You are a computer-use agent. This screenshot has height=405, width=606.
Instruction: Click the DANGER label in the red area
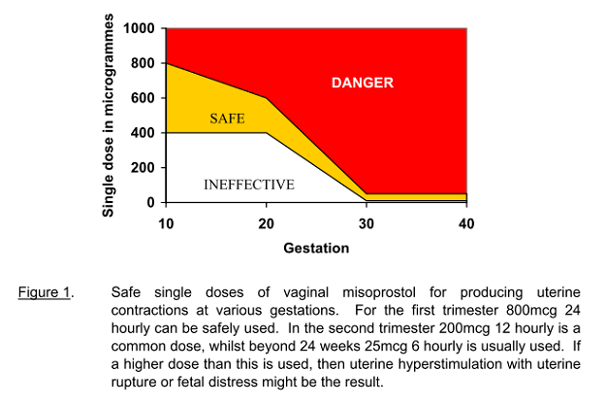click(363, 84)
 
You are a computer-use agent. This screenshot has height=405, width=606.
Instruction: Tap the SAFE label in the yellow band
click(226, 118)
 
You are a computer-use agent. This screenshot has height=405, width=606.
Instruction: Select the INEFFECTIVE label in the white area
click(249, 184)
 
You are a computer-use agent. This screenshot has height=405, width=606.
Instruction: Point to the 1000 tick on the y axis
click(138, 28)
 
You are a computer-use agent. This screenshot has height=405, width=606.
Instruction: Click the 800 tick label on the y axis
click(143, 63)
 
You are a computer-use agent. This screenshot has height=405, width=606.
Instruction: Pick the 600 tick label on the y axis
click(143, 98)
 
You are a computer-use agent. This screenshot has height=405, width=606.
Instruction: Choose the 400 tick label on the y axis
click(143, 133)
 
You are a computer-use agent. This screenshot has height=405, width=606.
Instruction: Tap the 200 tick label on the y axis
click(143, 168)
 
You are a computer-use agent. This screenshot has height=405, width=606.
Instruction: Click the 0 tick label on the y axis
click(150, 203)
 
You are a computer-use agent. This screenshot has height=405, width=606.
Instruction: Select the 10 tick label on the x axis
click(167, 223)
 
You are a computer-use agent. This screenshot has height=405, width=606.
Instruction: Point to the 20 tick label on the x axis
click(267, 223)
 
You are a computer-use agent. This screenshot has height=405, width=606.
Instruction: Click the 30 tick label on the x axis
click(367, 223)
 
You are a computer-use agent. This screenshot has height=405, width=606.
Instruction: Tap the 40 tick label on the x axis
click(466, 223)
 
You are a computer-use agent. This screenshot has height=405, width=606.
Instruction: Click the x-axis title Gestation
click(316, 248)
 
